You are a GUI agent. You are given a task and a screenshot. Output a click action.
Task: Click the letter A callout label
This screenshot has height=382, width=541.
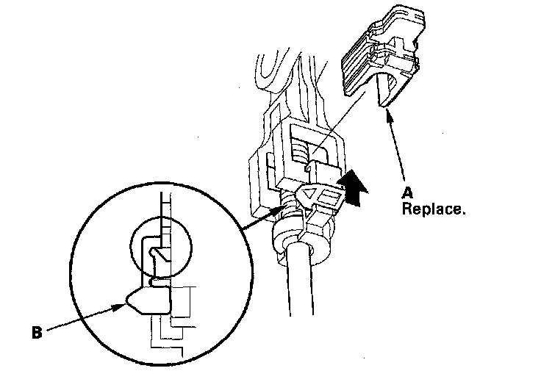(x=406, y=194)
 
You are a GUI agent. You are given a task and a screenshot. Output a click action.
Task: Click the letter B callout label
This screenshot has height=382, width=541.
(x=37, y=331)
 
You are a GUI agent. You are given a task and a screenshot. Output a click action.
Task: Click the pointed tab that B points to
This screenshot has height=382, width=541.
(x=144, y=300)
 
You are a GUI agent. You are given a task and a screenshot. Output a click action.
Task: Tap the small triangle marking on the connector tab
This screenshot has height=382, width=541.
(x=312, y=195)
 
